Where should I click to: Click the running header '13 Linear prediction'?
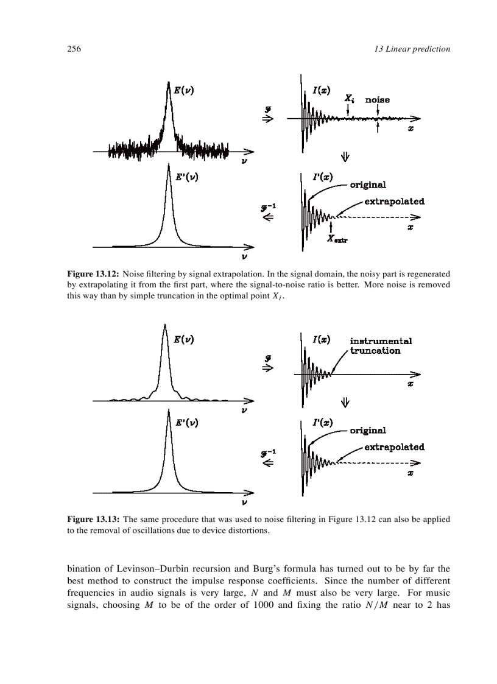(x=412, y=49)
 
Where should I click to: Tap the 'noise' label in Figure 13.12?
(x=377, y=99)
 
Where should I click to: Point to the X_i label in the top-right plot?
(x=349, y=98)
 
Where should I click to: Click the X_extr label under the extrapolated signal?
(x=337, y=239)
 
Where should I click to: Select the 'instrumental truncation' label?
(x=380, y=346)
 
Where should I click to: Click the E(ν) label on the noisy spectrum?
(x=184, y=90)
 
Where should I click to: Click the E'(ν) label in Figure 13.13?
(x=186, y=421)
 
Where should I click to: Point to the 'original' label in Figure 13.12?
(x=367, y=185)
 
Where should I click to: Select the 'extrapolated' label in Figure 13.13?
(x=394, y=446)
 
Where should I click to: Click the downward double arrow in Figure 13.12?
(x=345, y=157)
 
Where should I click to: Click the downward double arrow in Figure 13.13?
(x=345, y=402)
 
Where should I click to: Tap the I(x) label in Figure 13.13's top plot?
(x=322, y=339)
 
